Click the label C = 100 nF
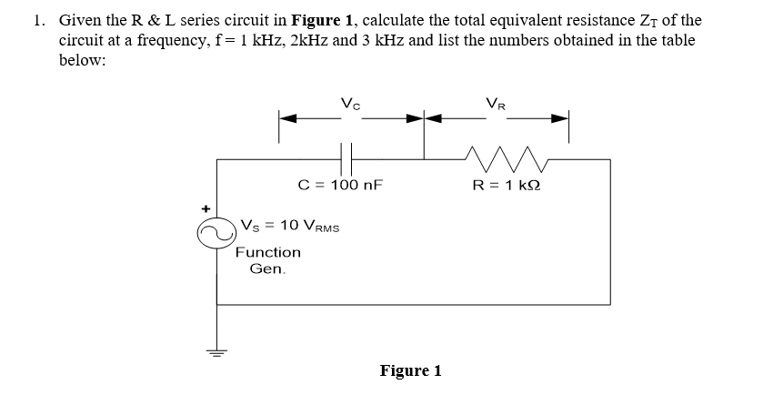pos(341,185)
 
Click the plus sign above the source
pos(205,208)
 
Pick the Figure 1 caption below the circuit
pos(410,370)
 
